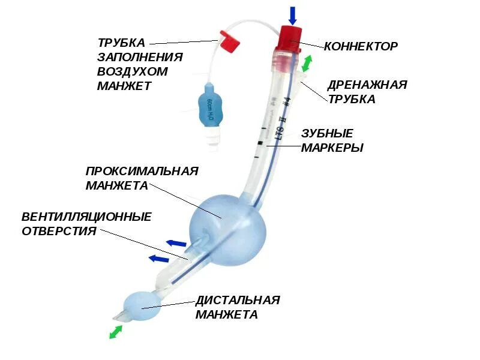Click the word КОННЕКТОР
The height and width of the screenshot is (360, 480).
(361, 46)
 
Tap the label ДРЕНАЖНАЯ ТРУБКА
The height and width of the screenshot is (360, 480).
(367, 92)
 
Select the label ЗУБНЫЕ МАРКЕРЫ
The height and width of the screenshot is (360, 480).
(331, 140)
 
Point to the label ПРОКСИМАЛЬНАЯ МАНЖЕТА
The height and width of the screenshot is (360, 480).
(141, 178)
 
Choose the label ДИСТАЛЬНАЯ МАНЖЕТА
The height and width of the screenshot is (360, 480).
(237, 307)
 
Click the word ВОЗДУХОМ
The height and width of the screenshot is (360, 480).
(132, 71)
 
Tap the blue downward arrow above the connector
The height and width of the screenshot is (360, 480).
(292, 15)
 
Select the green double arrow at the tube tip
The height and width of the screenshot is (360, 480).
(116, 332)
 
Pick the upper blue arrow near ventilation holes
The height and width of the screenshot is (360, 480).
(176, 243)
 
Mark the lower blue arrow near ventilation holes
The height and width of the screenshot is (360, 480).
(158, 259)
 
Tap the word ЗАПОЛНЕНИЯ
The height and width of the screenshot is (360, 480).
(139, 57)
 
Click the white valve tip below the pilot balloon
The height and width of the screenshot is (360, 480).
(212, 140)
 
